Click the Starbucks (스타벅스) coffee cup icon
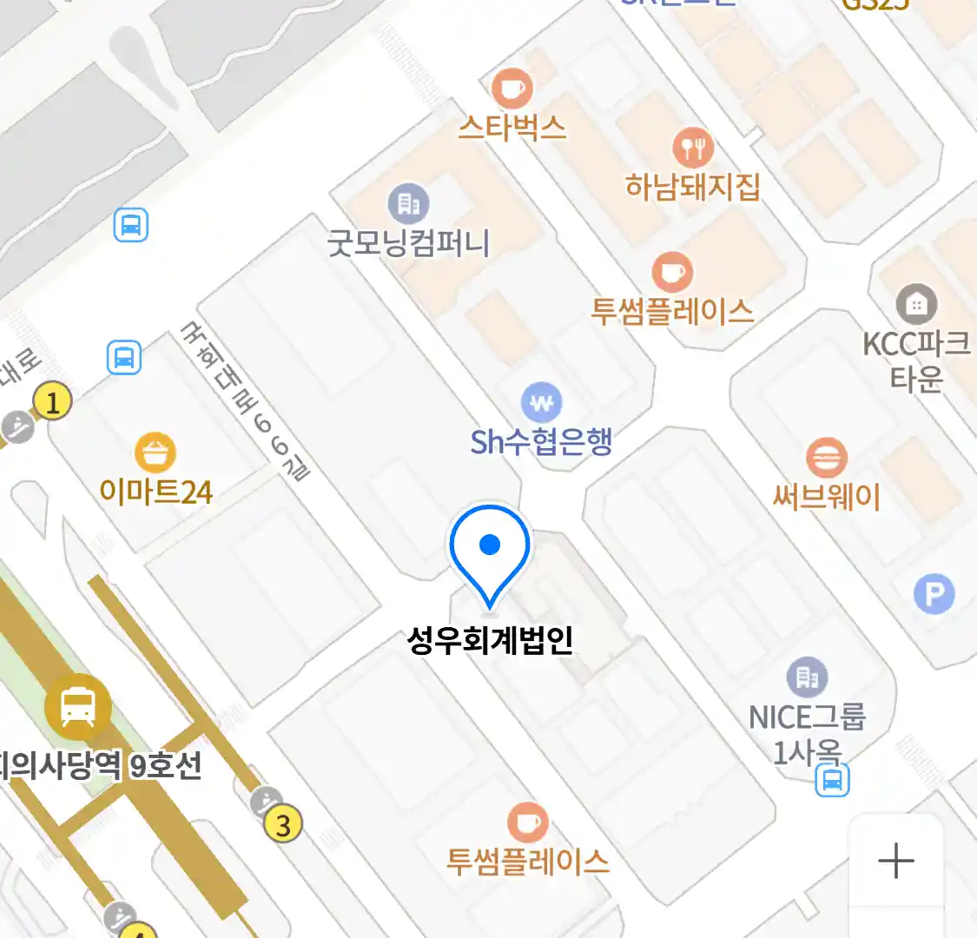click(512, 88)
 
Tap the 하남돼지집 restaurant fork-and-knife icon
click(692, 149)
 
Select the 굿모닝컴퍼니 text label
click(408, 242)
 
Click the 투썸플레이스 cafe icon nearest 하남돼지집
click(672, 273)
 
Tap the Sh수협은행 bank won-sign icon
click(541, 404)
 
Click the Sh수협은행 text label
click(541, 442)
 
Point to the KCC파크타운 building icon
click(915, 304)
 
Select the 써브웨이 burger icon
click(826, 458)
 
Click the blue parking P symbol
click(934, 595)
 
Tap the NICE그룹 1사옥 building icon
click(807, 677)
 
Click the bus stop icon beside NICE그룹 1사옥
click(832, 780)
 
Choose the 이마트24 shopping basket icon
click(155, 452)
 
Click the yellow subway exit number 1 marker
click(53, 402)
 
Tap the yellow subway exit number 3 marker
click(282, 822)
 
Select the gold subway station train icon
click(78, 707)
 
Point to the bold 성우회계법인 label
click(490, 641)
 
